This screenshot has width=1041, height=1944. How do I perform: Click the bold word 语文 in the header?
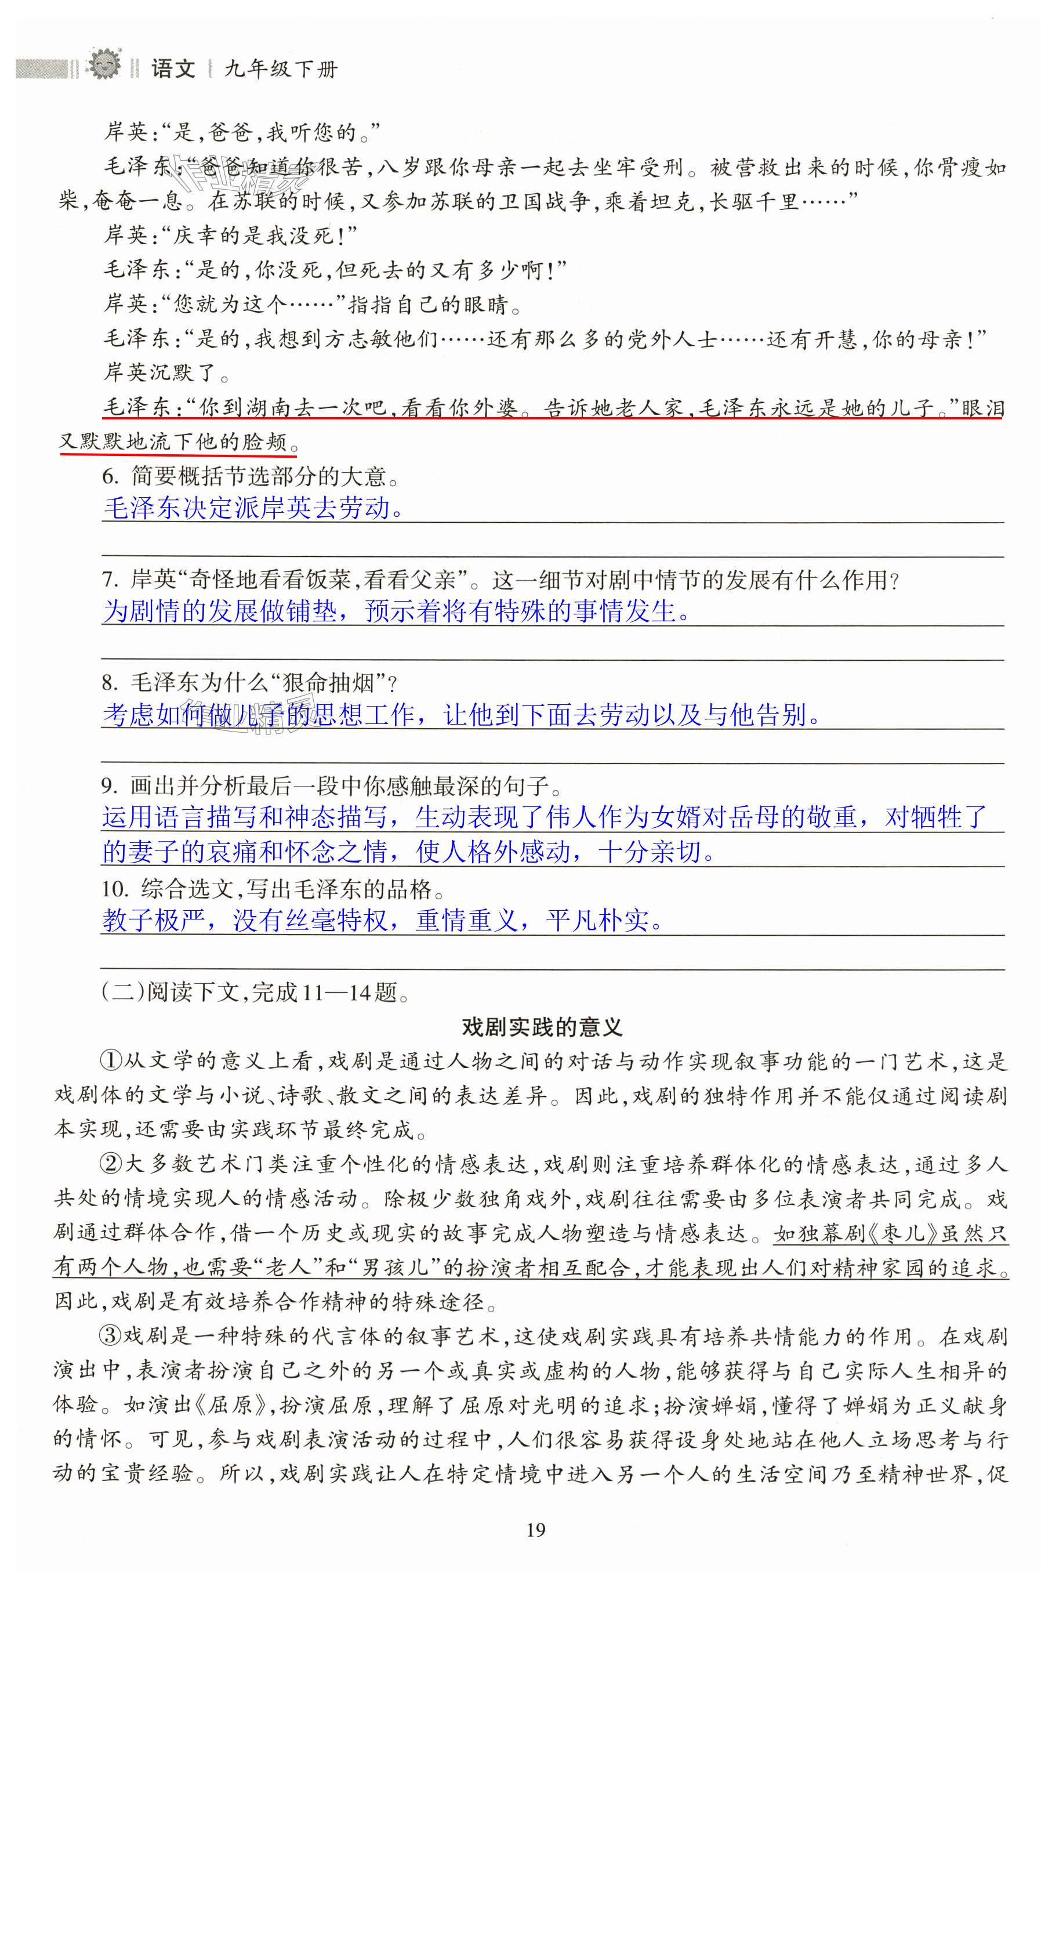tap(173, 70)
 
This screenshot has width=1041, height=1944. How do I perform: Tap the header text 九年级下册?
tap(281, 70)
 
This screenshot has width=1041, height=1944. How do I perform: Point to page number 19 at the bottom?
tap(535, 1530)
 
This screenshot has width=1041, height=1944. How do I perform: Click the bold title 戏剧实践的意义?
tap(542, 1027)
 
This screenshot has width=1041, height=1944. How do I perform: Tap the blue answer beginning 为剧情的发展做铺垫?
tap(396, 611)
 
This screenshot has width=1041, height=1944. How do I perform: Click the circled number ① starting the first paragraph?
tap(111, 1061)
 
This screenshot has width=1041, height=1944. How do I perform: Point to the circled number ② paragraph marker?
tap(111, 1164)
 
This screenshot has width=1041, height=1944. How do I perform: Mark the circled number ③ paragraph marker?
tap(111, 1337)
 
